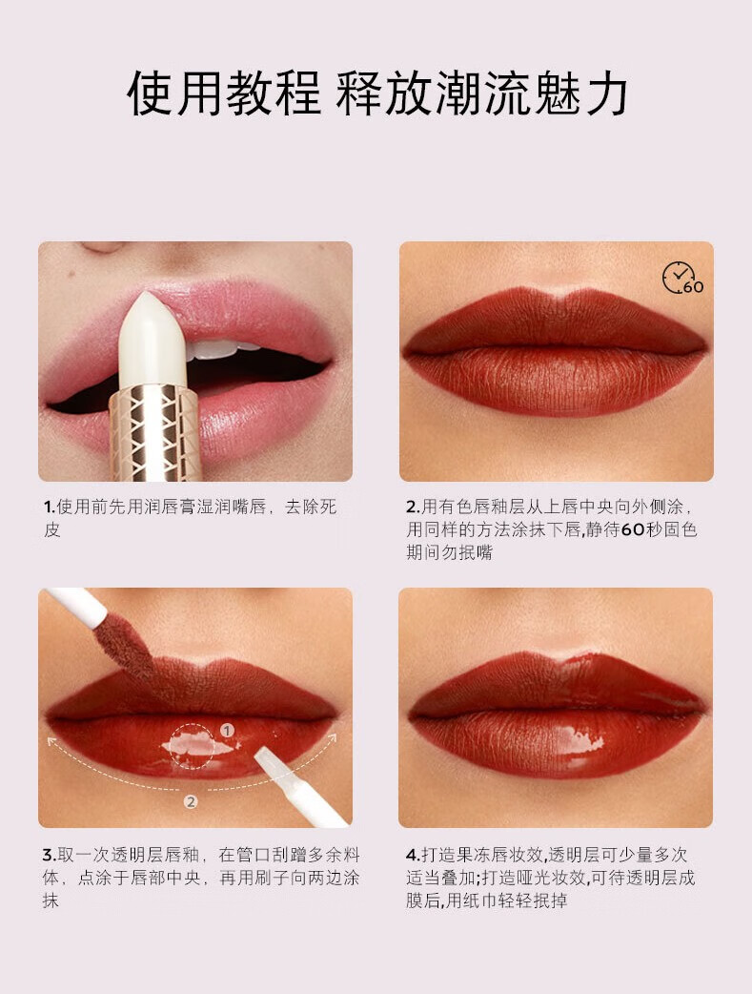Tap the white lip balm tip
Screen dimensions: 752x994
152,340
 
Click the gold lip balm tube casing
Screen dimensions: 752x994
156,432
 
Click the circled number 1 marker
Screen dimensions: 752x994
227,731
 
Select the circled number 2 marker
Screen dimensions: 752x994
191,802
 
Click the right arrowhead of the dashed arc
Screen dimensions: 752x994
332,738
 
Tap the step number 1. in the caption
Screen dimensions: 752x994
50,507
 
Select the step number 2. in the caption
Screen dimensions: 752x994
413,507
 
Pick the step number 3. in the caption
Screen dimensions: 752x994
50,855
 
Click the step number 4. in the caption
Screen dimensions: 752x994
413,855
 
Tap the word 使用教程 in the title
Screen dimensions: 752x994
224,93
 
